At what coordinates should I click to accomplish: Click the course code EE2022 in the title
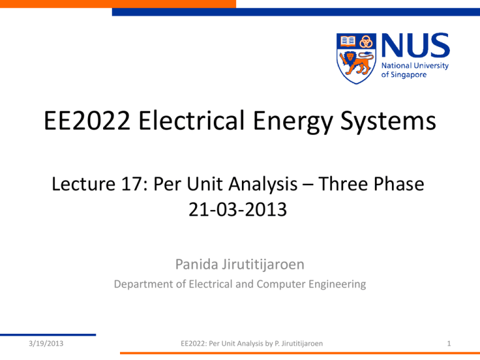[x=87, y=121]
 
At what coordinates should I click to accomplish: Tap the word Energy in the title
[x=293, y=122]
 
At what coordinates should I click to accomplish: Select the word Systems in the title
[x=388, y=122]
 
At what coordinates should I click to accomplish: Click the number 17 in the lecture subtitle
[x=132, y=184]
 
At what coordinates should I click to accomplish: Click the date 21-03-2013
[x=237, y=209]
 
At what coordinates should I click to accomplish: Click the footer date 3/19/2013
[x=46, y=344]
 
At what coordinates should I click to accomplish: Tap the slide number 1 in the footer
[x=449, y=344]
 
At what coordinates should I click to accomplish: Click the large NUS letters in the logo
[x=416, y=45]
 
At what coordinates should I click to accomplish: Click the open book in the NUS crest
[x=347, y=41]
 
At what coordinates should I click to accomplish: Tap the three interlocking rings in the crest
[x=366, y=42]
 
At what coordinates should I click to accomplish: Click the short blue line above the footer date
[x=48, y=334]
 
